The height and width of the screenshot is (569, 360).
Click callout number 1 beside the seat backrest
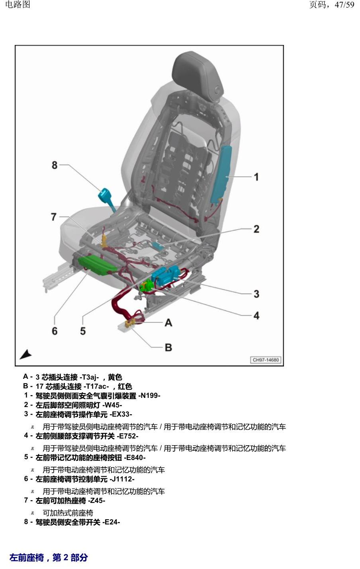click(256, 177)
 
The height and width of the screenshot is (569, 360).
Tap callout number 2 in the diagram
click(256, 229)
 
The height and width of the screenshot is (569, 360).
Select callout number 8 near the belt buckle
click(55, 165)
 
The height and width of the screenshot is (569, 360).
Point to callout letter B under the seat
click(168, 347)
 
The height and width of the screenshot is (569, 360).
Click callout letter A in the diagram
click(168, 323)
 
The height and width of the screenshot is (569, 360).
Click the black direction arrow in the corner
click(25, 355)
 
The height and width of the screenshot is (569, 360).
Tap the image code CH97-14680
click(266, 360)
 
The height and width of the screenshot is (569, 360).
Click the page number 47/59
click(344, 4)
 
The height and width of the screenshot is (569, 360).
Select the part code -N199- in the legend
click(149, 396)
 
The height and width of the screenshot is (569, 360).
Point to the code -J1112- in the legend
click(122, 479)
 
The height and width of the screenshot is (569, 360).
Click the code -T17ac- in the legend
click(96, 386)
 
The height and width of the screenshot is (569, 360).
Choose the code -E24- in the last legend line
click(111, 522)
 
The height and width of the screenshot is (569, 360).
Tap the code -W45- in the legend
click(112, 405)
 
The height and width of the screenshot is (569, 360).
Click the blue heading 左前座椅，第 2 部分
click(49, 557)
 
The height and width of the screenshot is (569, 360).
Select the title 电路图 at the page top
click(18, 4)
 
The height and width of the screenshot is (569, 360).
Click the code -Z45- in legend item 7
click(97, 501)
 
